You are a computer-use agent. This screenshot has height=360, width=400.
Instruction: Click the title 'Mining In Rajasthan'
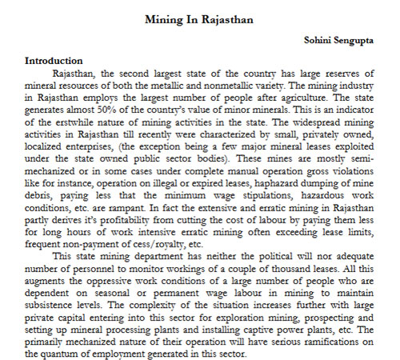point(199,18)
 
